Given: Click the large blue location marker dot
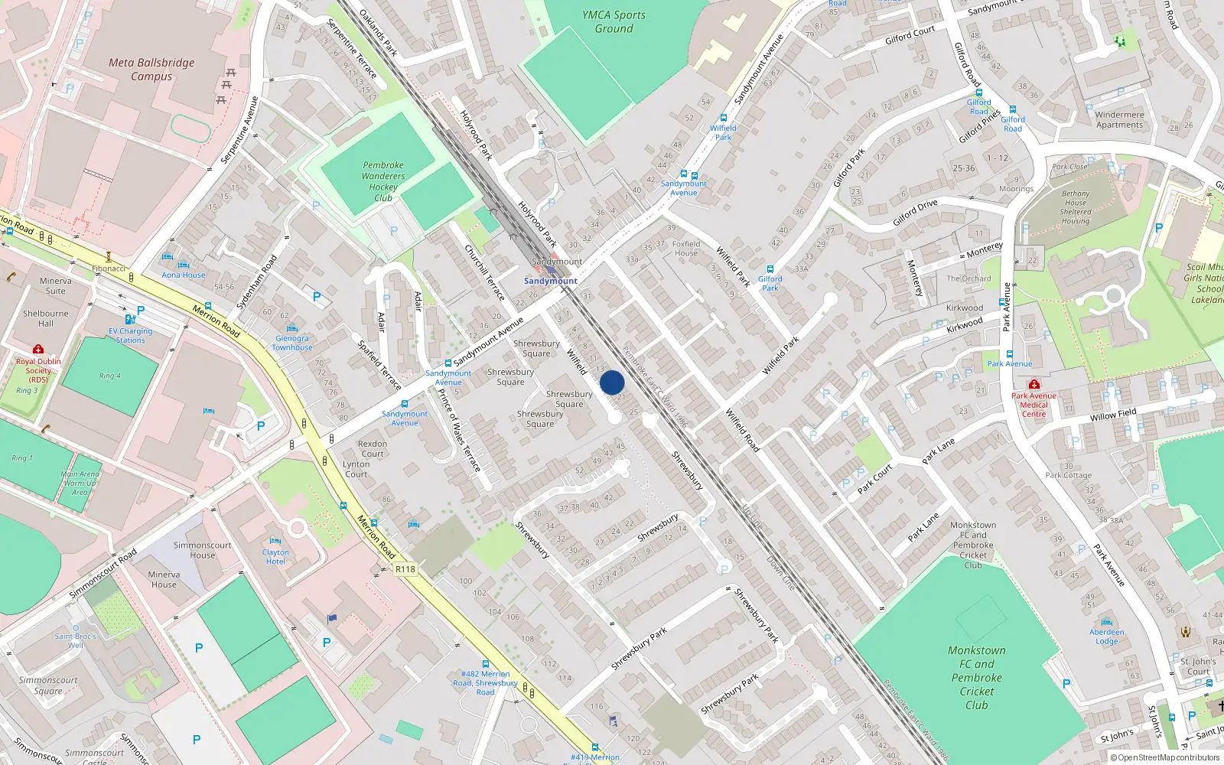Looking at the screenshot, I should tap(612, 382).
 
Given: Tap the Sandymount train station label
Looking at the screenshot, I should tap(551, 281).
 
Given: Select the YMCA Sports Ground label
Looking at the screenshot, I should tap(614, 21).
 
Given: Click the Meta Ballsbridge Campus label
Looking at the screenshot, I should tap(151, 69).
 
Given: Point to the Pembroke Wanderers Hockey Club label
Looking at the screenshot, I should tap(383, 181).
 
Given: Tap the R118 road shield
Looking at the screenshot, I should tap(405, 569).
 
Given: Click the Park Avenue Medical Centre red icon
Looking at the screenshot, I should tap(1034, 384).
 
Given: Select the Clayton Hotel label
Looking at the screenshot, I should tap(275, 557).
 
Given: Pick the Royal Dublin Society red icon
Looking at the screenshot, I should tap(37, 349).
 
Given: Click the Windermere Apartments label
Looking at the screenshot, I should tap(1119, 119).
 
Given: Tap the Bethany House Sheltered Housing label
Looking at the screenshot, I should tap(1075, 207).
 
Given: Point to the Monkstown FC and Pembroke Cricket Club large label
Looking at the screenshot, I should tap(977, 678).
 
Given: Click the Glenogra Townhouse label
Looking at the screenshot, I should tap(292, 343).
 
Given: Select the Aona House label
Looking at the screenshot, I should tap(184, 275).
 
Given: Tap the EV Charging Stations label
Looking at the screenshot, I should tap(130, 336).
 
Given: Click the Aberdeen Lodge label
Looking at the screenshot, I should tap(1107, 636).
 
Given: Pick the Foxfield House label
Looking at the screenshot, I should tap(686, 249).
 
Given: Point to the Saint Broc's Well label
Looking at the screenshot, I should tap(75, 640).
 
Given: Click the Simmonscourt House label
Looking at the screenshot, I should tap(202, 550).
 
